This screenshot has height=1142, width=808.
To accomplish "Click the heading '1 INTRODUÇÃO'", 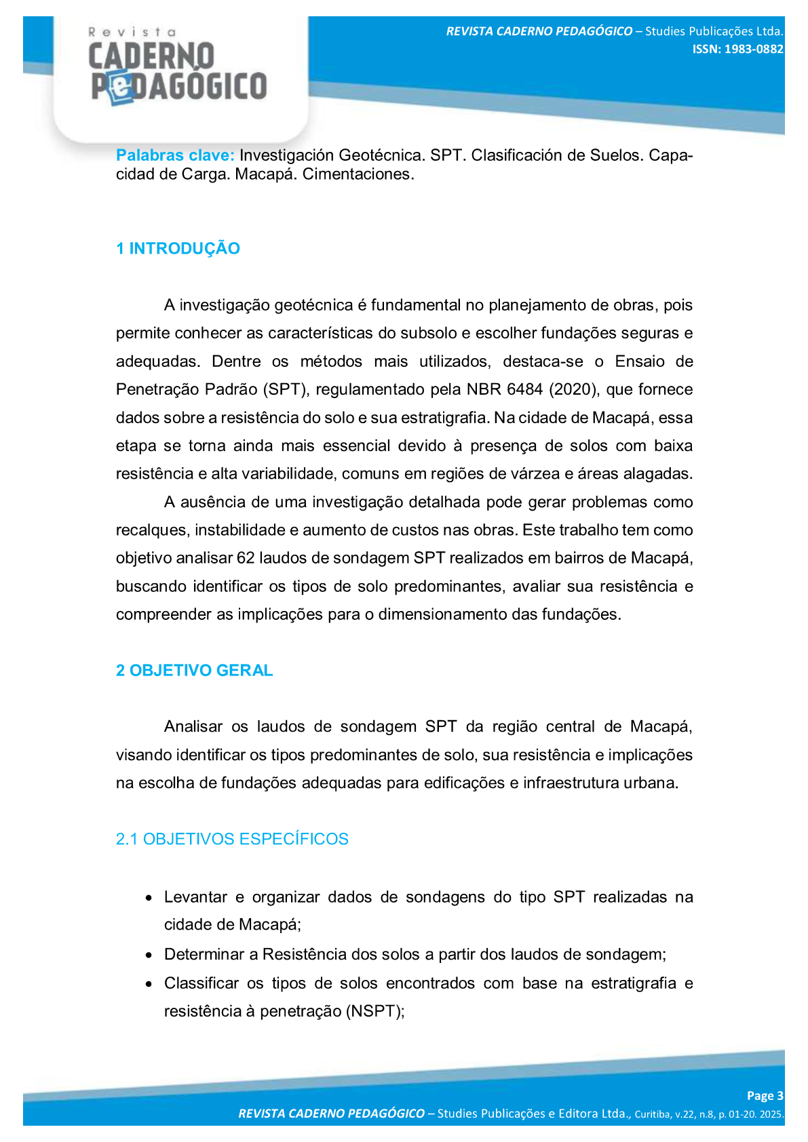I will click(x=178, y=249).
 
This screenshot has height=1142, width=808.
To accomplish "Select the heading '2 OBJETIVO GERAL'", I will click(x=194, y=671).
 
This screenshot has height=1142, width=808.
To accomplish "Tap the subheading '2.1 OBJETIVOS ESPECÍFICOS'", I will click(x=232, y=840).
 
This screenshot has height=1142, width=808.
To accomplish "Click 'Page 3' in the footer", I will click(x=765, y=1096).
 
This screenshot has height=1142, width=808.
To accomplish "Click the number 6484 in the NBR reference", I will click(x=524, y=390).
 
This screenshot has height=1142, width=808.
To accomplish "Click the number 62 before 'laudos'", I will click(x=245, y=558).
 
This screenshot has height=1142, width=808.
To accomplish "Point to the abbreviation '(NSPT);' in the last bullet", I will click(x=375, y=1012).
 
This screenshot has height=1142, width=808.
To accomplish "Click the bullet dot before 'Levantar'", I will click(x=149, y=898).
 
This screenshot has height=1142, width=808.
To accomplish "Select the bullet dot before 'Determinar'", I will click(x=149, y=955).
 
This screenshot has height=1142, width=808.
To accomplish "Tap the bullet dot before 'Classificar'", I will click(x=149, y=984).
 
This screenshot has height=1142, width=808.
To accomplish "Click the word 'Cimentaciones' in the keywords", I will click(x=358, y=174).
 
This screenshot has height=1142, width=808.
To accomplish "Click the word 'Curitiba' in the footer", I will click(x=653, y=1114).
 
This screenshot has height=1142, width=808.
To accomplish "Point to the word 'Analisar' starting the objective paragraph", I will click(x=193, y=727).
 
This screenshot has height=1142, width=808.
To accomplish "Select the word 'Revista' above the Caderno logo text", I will click(x=132, y=32).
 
